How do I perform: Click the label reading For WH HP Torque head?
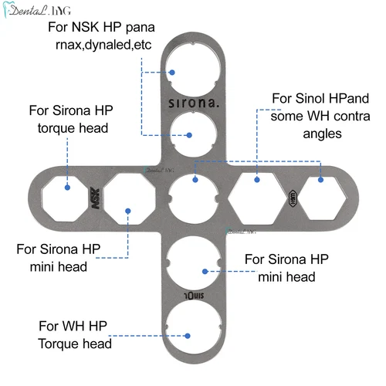coord(74,334)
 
